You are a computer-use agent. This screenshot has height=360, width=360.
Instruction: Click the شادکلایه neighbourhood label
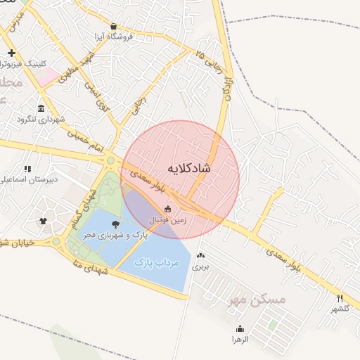(190, 169)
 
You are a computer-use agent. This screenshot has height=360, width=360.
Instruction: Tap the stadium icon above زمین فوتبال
(167, 209)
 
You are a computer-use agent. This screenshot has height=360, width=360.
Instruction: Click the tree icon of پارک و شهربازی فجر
(116, 225)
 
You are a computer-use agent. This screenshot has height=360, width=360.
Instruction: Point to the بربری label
(202, 266)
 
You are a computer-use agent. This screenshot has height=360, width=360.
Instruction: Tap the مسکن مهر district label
(257, 300)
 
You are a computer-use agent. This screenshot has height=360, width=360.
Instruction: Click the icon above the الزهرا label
(240, 328)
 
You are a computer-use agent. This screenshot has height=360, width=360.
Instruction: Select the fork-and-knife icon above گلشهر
(340, 298)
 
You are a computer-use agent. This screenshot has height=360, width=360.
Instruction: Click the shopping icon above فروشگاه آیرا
(113, 26)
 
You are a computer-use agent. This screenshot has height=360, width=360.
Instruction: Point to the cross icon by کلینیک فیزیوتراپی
(11, 53)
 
